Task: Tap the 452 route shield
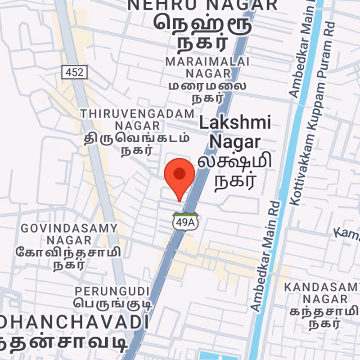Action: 74,72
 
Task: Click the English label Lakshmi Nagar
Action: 235,132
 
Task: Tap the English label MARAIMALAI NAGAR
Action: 207,67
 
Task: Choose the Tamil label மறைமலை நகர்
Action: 207,90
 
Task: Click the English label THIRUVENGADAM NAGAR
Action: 137,119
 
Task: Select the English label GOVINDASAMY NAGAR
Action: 69,234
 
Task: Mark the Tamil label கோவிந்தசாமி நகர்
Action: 68,258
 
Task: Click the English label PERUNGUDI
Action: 112,291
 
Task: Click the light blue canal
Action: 288,180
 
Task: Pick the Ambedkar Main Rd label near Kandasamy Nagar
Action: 265,256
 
